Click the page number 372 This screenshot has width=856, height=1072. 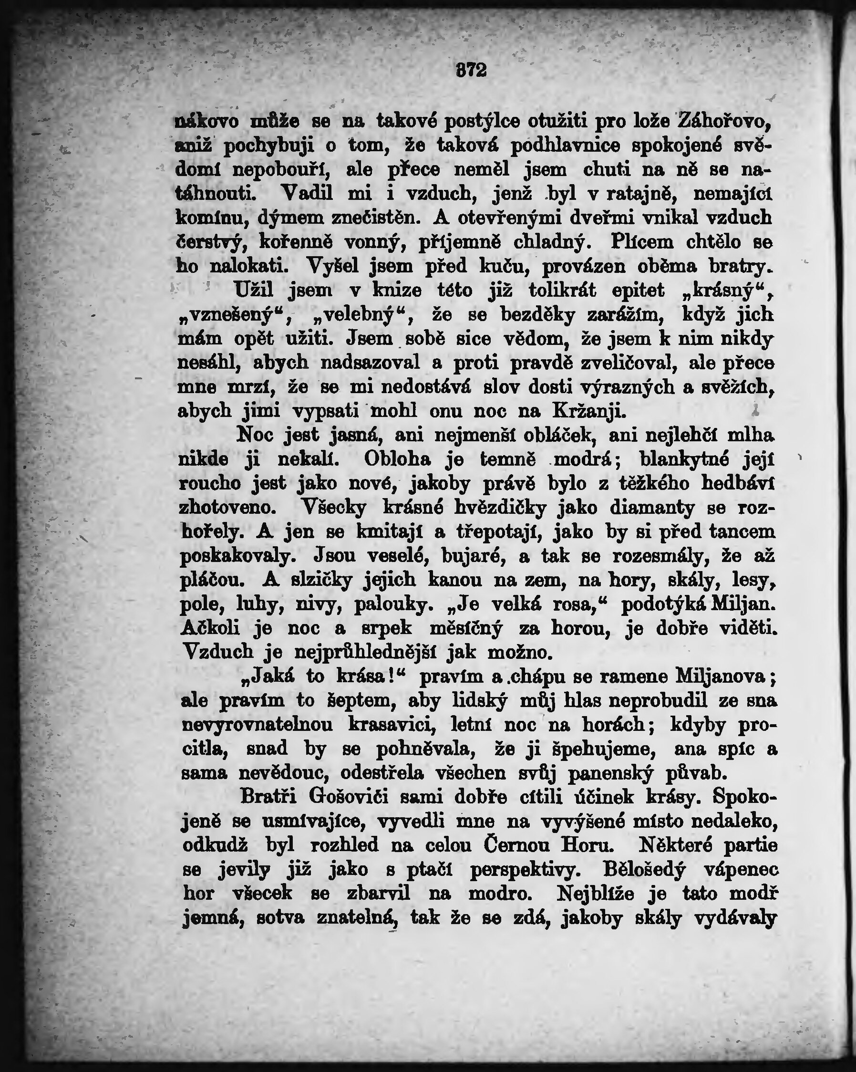471,71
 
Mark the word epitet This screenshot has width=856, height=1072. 638,291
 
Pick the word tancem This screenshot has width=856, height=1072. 742,532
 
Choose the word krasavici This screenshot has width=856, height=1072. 392,724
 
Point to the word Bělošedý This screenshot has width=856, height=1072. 644,870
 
